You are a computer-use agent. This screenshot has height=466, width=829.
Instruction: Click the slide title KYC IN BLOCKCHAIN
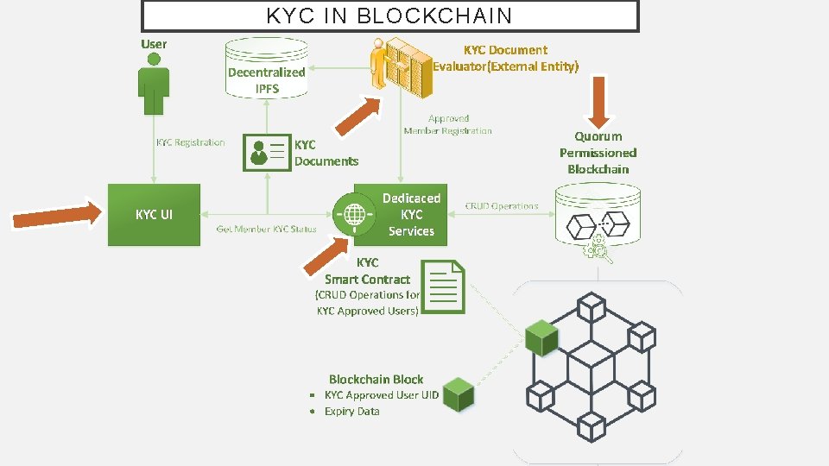tap(389, 16)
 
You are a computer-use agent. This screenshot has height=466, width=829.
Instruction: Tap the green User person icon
tap(154, 83)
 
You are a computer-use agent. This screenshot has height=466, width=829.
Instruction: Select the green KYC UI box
tap(154, 215)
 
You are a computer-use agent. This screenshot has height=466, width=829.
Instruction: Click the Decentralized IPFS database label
tap(267, 80)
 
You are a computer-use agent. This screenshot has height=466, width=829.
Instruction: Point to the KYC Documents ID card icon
tap(267, 150)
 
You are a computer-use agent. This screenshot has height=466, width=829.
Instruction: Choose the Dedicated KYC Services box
tap(411, 214)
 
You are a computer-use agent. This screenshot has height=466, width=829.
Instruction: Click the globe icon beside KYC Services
tap(354, 211)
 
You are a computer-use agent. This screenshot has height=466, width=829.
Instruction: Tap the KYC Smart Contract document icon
tap(446, 287)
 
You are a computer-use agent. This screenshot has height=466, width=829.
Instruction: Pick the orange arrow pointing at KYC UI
tap(57, 214)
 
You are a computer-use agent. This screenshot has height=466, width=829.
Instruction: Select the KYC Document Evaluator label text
tap(505, 58)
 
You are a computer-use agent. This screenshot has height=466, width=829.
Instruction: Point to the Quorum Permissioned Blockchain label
tap(598, 153)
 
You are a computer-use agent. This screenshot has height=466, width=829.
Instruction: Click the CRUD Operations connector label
tap(502, 206)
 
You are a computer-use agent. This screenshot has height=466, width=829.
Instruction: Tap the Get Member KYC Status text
tap(266, 230)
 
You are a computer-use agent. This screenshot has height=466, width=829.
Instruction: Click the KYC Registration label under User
tap(190, 142)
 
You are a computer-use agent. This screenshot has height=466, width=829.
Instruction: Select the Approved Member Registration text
tap(447, 124)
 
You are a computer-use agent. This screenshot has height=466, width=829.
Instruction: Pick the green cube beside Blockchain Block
tap(459, 394)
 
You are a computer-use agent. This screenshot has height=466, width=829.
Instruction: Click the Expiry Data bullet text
tap(351, 412)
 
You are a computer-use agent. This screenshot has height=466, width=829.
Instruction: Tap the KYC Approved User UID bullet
tap(381, 395)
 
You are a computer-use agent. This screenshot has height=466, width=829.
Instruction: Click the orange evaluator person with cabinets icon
tap(400, 64)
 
